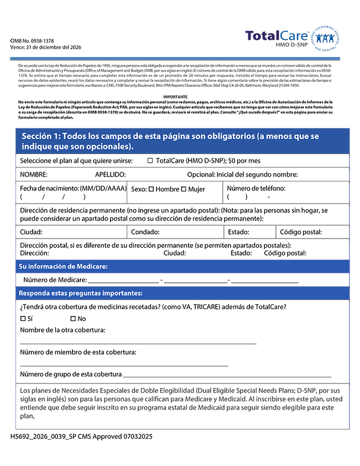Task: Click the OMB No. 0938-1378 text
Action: click(32, 41)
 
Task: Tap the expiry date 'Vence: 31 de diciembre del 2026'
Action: click(45, 48)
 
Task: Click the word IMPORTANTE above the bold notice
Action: click(175, 96)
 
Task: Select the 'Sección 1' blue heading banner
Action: click(182, 141)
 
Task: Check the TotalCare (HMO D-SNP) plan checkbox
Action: click(150, 160)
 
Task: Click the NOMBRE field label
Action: click(34, 174)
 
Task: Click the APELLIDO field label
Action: click(110, 174)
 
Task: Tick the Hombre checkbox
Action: click(151, 189)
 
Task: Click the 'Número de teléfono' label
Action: click(256, 188)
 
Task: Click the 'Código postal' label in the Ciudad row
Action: click(301, 232)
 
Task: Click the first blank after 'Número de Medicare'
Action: click(123, 281)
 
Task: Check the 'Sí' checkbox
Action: click(23, 319)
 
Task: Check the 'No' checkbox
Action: click(73, 319)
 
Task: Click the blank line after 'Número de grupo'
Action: click(227, 375)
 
